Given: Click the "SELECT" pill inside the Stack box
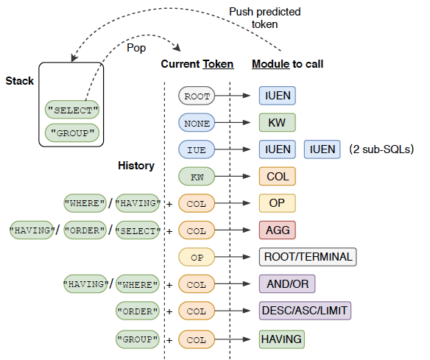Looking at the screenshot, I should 72,111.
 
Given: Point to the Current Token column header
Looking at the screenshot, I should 197,64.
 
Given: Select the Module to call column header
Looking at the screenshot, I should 287,64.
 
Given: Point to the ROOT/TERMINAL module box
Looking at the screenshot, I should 306,257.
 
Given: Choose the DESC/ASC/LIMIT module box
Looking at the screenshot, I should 305,311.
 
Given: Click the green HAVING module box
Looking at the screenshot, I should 281,339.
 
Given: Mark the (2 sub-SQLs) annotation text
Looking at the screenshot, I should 381,149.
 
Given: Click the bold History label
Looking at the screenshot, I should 136,166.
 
